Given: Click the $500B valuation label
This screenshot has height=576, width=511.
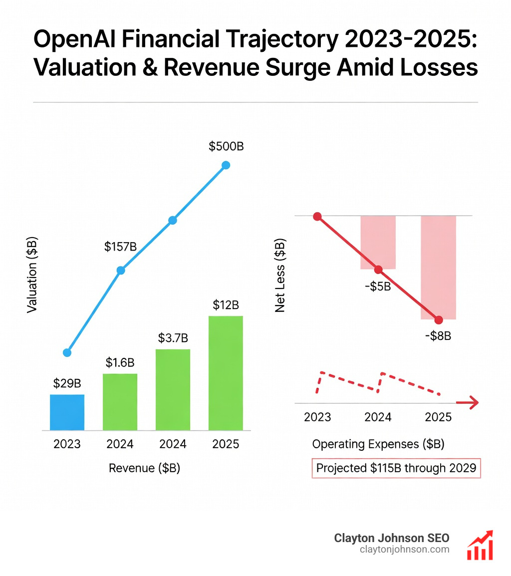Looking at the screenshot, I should (226, 146).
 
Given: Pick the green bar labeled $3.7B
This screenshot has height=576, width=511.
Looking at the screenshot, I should (173, 389).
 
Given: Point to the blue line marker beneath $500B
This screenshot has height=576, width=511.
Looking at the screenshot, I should (226, 165).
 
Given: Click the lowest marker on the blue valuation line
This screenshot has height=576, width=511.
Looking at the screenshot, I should (67, 352).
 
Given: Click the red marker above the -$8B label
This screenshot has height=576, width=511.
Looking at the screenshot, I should (439, 320).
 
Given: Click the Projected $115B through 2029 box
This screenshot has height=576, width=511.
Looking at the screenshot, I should (396, 469).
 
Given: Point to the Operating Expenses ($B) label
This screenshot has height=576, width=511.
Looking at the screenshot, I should (378, 444).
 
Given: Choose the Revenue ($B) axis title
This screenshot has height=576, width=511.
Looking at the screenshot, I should (144, 468).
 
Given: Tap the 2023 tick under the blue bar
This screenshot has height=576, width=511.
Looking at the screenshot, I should (67, 444).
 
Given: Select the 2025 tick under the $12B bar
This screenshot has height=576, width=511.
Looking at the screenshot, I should (226, 444).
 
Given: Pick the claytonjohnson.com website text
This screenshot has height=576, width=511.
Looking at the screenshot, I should (404, 550).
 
